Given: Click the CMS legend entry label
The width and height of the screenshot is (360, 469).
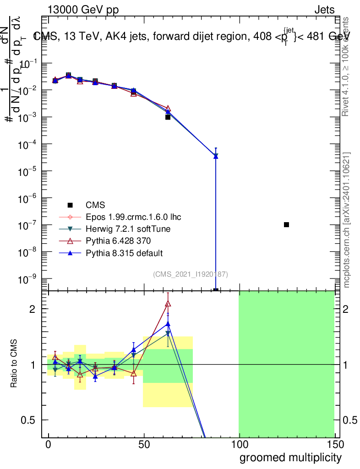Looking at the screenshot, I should click(95, 205).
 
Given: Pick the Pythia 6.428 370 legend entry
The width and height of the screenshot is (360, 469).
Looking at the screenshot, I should click(118, 240).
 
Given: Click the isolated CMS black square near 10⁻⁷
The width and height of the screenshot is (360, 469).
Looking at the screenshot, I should click(286, 224).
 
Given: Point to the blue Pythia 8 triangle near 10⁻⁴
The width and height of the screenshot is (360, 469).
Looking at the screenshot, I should click(216, 156).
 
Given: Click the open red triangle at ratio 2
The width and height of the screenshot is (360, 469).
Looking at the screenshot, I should click(168, 303).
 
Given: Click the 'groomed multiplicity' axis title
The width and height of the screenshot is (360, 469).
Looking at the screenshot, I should click(290, 457).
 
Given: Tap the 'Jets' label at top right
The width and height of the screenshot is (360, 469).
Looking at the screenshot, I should click(324, 10).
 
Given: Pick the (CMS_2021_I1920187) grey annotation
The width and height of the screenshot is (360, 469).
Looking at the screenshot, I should click(191, 274).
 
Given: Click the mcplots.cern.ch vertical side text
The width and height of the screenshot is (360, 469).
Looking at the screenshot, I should click(348, 220).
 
